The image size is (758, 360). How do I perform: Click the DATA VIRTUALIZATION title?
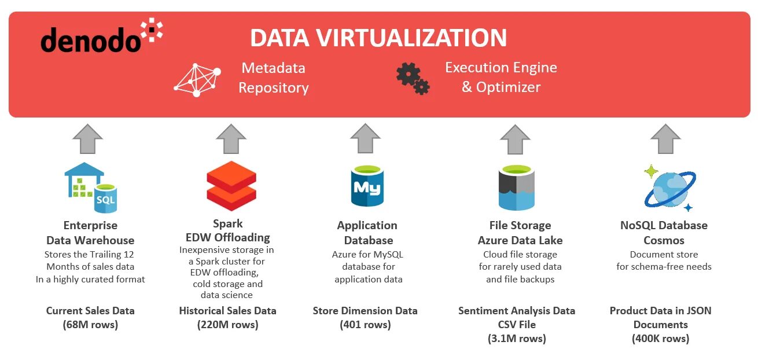378,38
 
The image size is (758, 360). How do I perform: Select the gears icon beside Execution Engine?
413,79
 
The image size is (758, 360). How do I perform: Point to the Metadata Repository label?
274,78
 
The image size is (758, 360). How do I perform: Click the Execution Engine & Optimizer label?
501,78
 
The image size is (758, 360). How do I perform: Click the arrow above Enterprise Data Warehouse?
88,138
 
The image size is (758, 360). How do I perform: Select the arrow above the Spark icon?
231,138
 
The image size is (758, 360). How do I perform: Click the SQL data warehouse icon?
90,185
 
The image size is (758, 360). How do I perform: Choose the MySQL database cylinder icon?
367,185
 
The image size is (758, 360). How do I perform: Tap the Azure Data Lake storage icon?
516,187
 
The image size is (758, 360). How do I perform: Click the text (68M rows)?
90,325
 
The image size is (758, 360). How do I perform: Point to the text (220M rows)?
227,325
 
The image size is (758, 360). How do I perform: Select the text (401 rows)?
365,325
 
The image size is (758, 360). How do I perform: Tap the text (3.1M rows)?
517,339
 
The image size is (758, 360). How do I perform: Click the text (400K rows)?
660,339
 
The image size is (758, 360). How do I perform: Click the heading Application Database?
367,233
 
